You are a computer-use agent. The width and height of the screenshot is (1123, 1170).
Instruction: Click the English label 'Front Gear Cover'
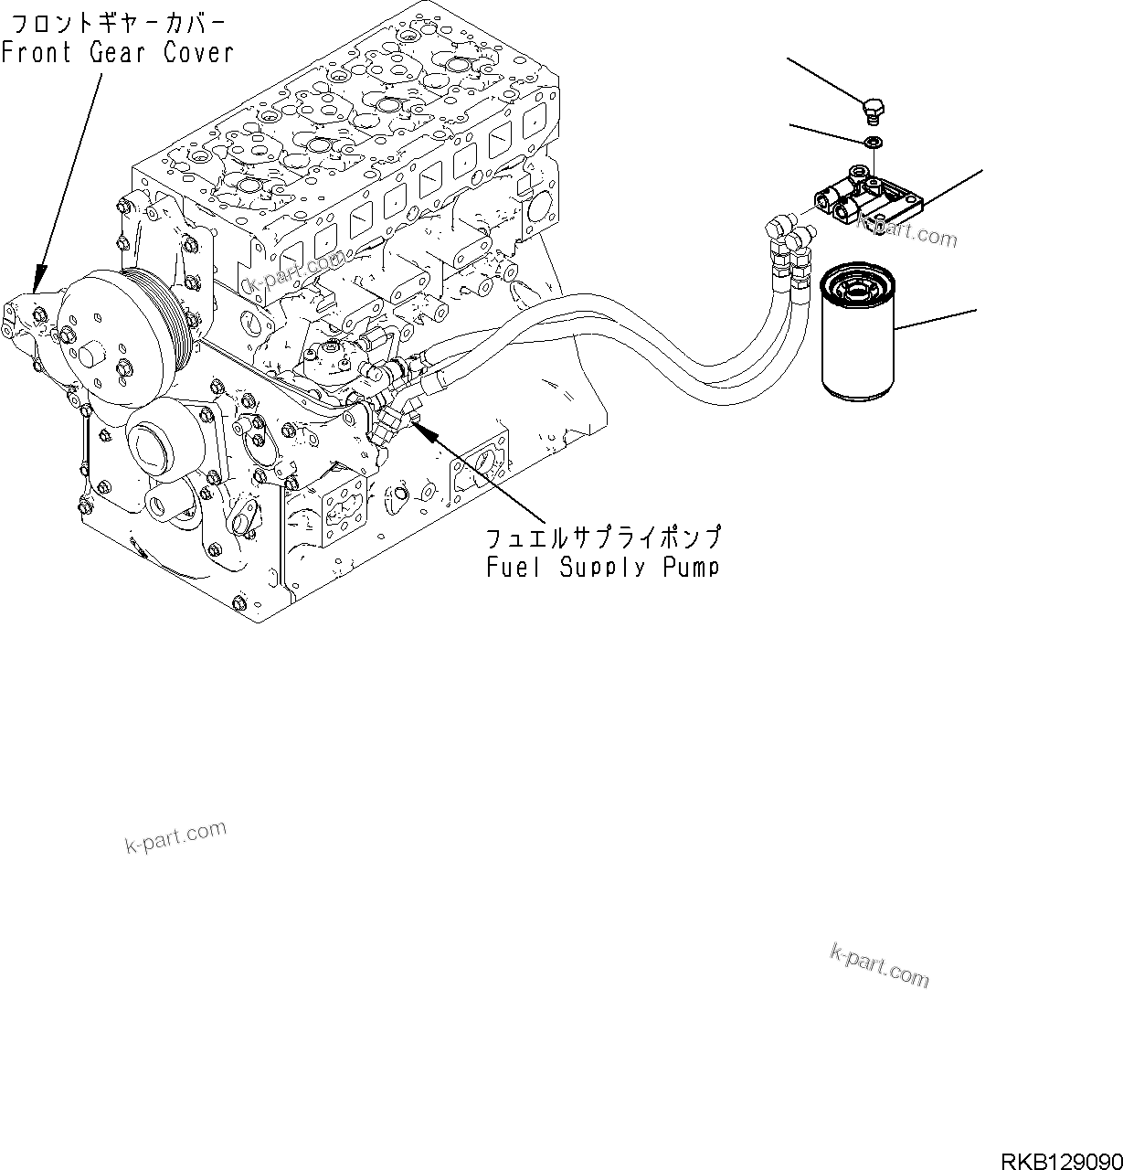(x=117, y=52)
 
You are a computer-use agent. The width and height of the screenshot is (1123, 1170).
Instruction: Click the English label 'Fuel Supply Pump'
(x=602, y=567)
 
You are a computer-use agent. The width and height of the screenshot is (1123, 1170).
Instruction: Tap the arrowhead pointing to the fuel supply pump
(x=420, y=429)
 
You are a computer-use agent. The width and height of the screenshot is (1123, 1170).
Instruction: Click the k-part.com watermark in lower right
(x=879, y=965)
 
